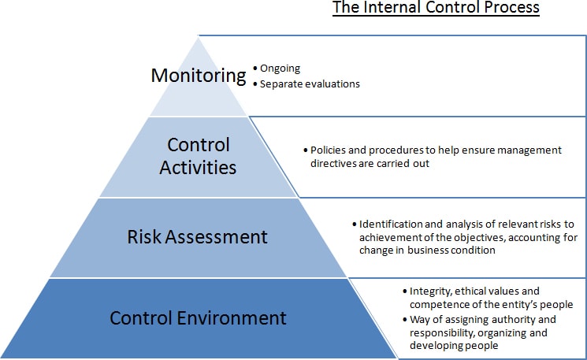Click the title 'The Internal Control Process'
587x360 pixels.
point(436,8)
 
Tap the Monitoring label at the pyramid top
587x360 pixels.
point(199,76)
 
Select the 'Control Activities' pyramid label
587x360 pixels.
point(198,156)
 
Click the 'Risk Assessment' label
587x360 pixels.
point(197,237)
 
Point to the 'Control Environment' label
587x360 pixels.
point(198,317)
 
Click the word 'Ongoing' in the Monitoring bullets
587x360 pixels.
point(280,69)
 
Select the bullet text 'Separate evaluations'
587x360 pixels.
point(310,84)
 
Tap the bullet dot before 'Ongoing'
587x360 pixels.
point(255,69)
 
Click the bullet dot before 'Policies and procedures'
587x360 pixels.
point(306,150)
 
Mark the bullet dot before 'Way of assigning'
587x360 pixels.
point(405,320)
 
